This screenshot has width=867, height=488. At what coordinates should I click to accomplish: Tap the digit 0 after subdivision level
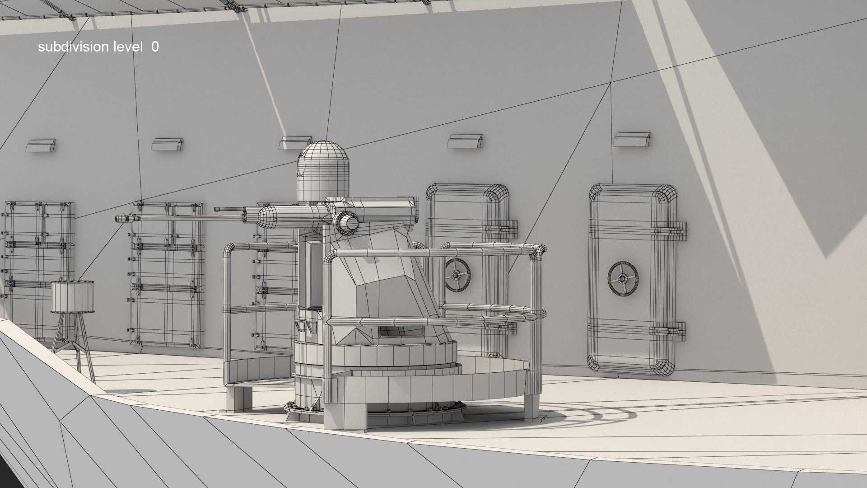coord(155,47)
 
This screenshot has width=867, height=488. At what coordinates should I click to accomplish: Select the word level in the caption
coord(127,47)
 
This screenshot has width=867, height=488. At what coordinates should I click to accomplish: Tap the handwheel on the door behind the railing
coord(457,274)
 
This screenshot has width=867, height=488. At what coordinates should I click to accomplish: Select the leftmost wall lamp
coord(41,145)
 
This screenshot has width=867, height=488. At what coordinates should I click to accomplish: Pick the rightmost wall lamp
coord(632,139)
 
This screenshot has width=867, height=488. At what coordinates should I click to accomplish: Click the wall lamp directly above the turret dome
coord(296,143)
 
